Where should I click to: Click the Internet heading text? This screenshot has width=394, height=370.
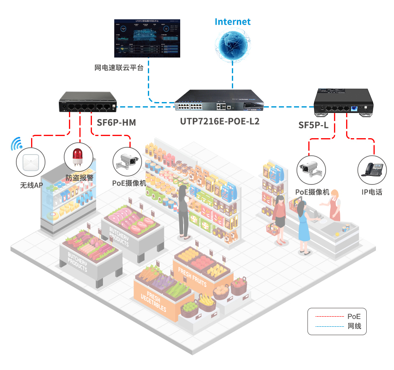(232, 22)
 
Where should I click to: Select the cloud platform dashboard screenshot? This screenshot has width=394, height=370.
(147, 38)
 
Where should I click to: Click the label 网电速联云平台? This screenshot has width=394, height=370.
(119, 68)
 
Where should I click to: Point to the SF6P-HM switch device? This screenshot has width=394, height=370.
(88, 103)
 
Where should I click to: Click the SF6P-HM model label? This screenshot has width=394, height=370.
(116, 123)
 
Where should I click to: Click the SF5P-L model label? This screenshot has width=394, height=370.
(313, 125)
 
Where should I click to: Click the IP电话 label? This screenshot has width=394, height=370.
(372, 192)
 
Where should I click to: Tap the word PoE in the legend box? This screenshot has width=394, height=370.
(354, 316)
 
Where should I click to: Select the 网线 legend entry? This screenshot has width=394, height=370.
(354, 326)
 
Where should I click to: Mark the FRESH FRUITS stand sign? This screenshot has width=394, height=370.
(192, 276)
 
